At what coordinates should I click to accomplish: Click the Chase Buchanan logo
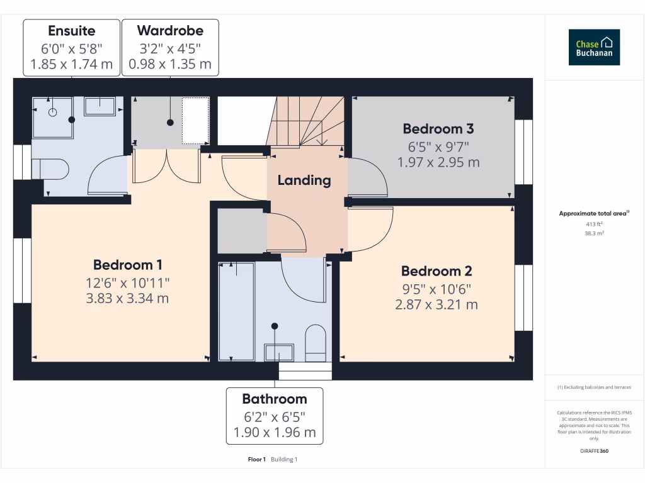(x=594, y=47)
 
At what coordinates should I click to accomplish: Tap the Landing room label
(x=304, y=180)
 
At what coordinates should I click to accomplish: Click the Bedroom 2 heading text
(x=437, y=271)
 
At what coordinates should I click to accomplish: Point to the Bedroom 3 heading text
(x=438, y=129)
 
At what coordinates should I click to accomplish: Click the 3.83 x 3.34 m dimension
(x=127, y=298)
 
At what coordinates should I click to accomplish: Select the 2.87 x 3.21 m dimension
(x=437, y=304)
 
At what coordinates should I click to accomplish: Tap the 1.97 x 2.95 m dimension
(x=438, y=162)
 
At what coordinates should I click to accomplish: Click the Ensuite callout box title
(x=72, y=30)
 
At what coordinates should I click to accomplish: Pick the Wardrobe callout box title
(x=170, y=30)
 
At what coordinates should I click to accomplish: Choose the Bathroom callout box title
(x=275, y=399)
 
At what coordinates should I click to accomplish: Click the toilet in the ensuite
(x=50, y=169)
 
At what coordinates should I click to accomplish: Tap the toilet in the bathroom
(x=315, y=343)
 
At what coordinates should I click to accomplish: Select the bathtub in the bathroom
(x=236, y=311)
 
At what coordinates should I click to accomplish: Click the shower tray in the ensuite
(x=53, y=117)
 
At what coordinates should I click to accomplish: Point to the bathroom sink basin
(x=279, y=352)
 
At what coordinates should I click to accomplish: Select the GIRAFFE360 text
(x=594, y=451)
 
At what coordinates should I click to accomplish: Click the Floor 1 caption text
(x=257, y=460)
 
